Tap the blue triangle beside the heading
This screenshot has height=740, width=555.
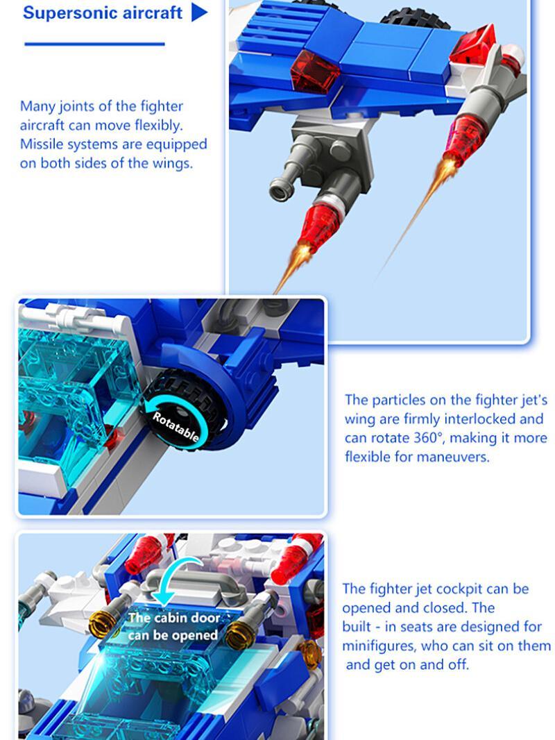pyautogui.click(x=199, y=12)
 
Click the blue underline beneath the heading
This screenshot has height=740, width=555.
pyautogui.click(x=94, y=44)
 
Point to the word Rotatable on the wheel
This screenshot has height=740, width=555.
pyautogui.click(x=176, y=427)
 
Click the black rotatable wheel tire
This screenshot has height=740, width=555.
pyautogui.click(x=182, y=410)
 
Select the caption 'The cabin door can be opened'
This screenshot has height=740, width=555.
pyautogui.click(x=173, y=626)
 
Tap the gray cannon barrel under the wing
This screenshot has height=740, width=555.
pyautogui.click(x=288, y=176)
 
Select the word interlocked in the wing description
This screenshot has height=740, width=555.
pyautogui.click(x=479, y=419)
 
